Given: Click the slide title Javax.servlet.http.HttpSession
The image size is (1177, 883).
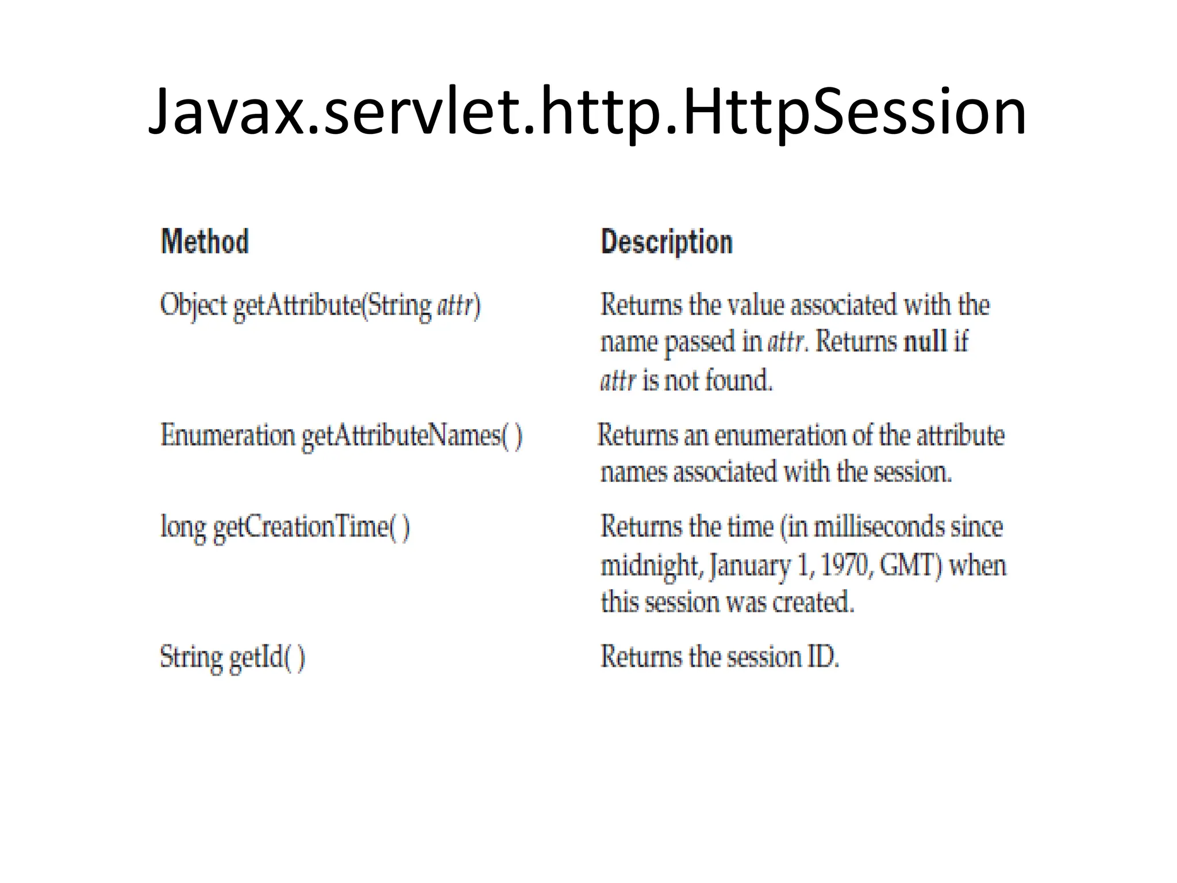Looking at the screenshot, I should [x=587, y=112].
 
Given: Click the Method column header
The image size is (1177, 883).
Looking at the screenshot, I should [x=205, y=241].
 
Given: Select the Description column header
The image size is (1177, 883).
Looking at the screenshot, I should [x=667, y=242].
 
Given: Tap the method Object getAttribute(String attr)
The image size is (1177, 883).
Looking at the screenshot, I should [x=320, y=305].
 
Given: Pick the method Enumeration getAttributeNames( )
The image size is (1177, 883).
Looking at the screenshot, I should [x=341, y=436].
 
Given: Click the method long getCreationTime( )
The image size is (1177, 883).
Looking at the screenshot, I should [x=285, y=527].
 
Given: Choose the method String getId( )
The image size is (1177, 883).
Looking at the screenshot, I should [x=232, y=657].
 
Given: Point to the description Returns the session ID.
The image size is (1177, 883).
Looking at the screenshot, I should [x=720, y=657].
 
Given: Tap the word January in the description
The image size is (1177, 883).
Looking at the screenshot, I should [x=750, y=566].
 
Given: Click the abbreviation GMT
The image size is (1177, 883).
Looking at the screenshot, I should [x=910, y=566].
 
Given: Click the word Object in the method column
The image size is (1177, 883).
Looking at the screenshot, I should [x=194, y=305].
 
